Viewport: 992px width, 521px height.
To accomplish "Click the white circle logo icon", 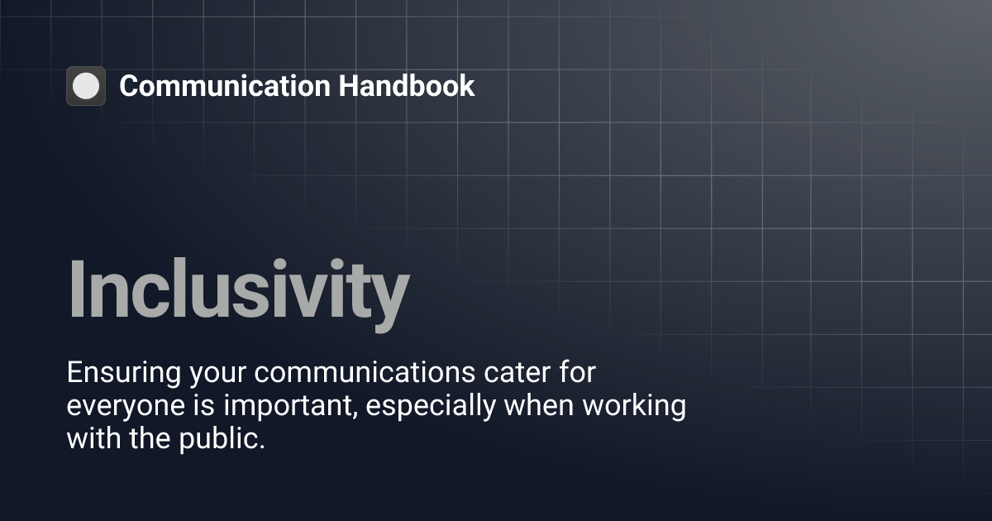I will click(86, 86).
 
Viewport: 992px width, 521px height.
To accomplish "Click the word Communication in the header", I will click(225, 86).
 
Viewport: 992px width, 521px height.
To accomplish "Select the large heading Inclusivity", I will click(238, 289).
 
